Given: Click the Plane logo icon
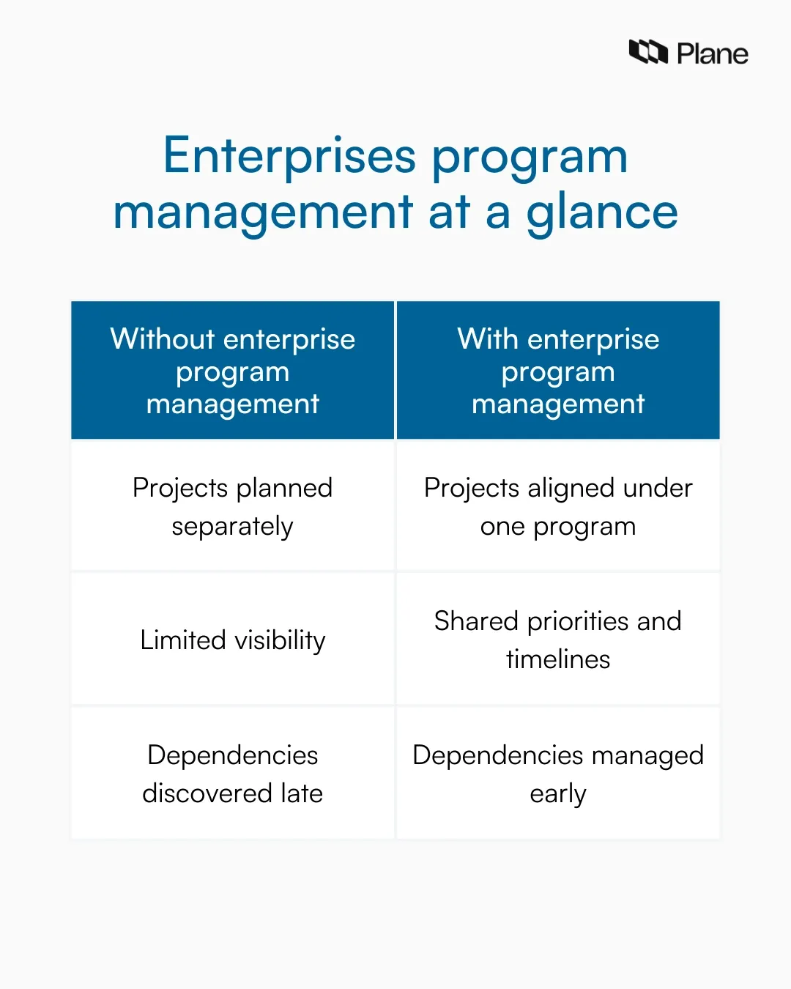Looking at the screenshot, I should click(x=648, y=53).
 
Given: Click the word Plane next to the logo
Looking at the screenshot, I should click(x=712, y=54).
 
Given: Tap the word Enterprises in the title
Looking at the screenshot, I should click(x=289, y=157).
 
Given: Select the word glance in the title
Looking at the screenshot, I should click(x=602, y=213).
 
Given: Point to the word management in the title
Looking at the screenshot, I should click(x=263, y=213).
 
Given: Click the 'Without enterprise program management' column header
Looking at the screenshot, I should click(x=233, y=371).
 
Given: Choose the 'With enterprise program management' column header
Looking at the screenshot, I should click(x=558, y=371).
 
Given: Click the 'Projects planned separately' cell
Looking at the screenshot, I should click(x=233, y=506).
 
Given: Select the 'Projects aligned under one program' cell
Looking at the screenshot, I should click(x=558, y=506).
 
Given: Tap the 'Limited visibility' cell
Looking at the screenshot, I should click(x=233, y=640).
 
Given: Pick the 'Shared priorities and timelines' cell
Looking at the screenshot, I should click(x=558, y=640).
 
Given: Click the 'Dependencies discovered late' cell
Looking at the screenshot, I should click(x=233, y=774).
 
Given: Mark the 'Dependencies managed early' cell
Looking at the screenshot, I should click(x=558, y=774).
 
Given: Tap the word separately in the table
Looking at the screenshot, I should click(x=233, y=527).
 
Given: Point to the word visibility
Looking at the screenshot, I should click(x=280, y=640).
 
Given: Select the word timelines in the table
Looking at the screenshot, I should click(x=558, y=659).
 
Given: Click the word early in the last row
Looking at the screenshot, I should click(x=558, y=794).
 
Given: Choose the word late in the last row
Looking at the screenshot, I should click(x=301, y=793).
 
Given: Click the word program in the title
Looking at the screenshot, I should click(x=530, y=158).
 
